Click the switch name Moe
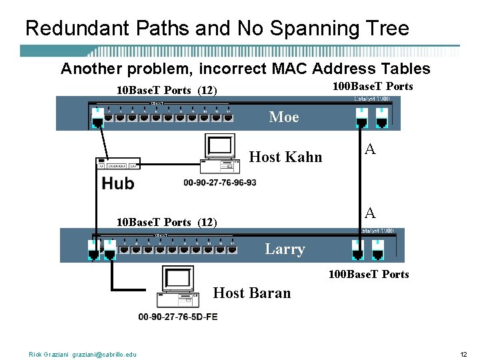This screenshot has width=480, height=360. [x=284, y=117]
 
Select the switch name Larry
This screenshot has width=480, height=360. [x=285, y=249]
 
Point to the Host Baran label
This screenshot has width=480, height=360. [x=251, y=293]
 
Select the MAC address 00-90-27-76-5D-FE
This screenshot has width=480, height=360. [x=177, y=317]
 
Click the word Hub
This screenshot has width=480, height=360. [x=118, y=183]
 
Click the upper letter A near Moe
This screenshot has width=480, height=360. [x=370, y=150]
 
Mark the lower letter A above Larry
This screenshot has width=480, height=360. [x=370, y=213]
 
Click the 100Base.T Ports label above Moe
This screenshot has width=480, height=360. [x=373, y=87]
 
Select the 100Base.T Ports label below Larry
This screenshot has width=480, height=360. [x=369, y=274]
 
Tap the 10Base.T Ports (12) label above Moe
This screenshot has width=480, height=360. [x=167, y=91]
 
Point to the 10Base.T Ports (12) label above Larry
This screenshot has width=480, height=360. [x=167, y=222]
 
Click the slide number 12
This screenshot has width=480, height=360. [x=463, y=354]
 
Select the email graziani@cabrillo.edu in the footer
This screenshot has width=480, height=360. [x=105, y=354]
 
